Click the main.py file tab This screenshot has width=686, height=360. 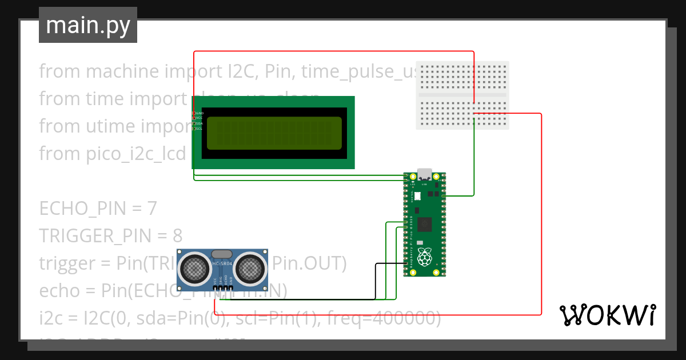87,25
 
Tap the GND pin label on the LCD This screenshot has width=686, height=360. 200,113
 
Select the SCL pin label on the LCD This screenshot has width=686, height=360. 199,129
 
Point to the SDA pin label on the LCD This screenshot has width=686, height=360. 200,123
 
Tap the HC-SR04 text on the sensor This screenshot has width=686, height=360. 222,263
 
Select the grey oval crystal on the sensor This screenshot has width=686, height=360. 222,253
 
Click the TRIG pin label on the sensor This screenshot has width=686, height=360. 220,281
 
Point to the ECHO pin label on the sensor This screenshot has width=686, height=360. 225,281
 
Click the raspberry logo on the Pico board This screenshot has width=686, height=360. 424,258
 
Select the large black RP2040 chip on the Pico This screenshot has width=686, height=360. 425,225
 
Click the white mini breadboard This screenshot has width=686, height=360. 462,95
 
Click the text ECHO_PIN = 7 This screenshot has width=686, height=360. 98,209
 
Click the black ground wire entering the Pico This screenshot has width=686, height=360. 389,263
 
